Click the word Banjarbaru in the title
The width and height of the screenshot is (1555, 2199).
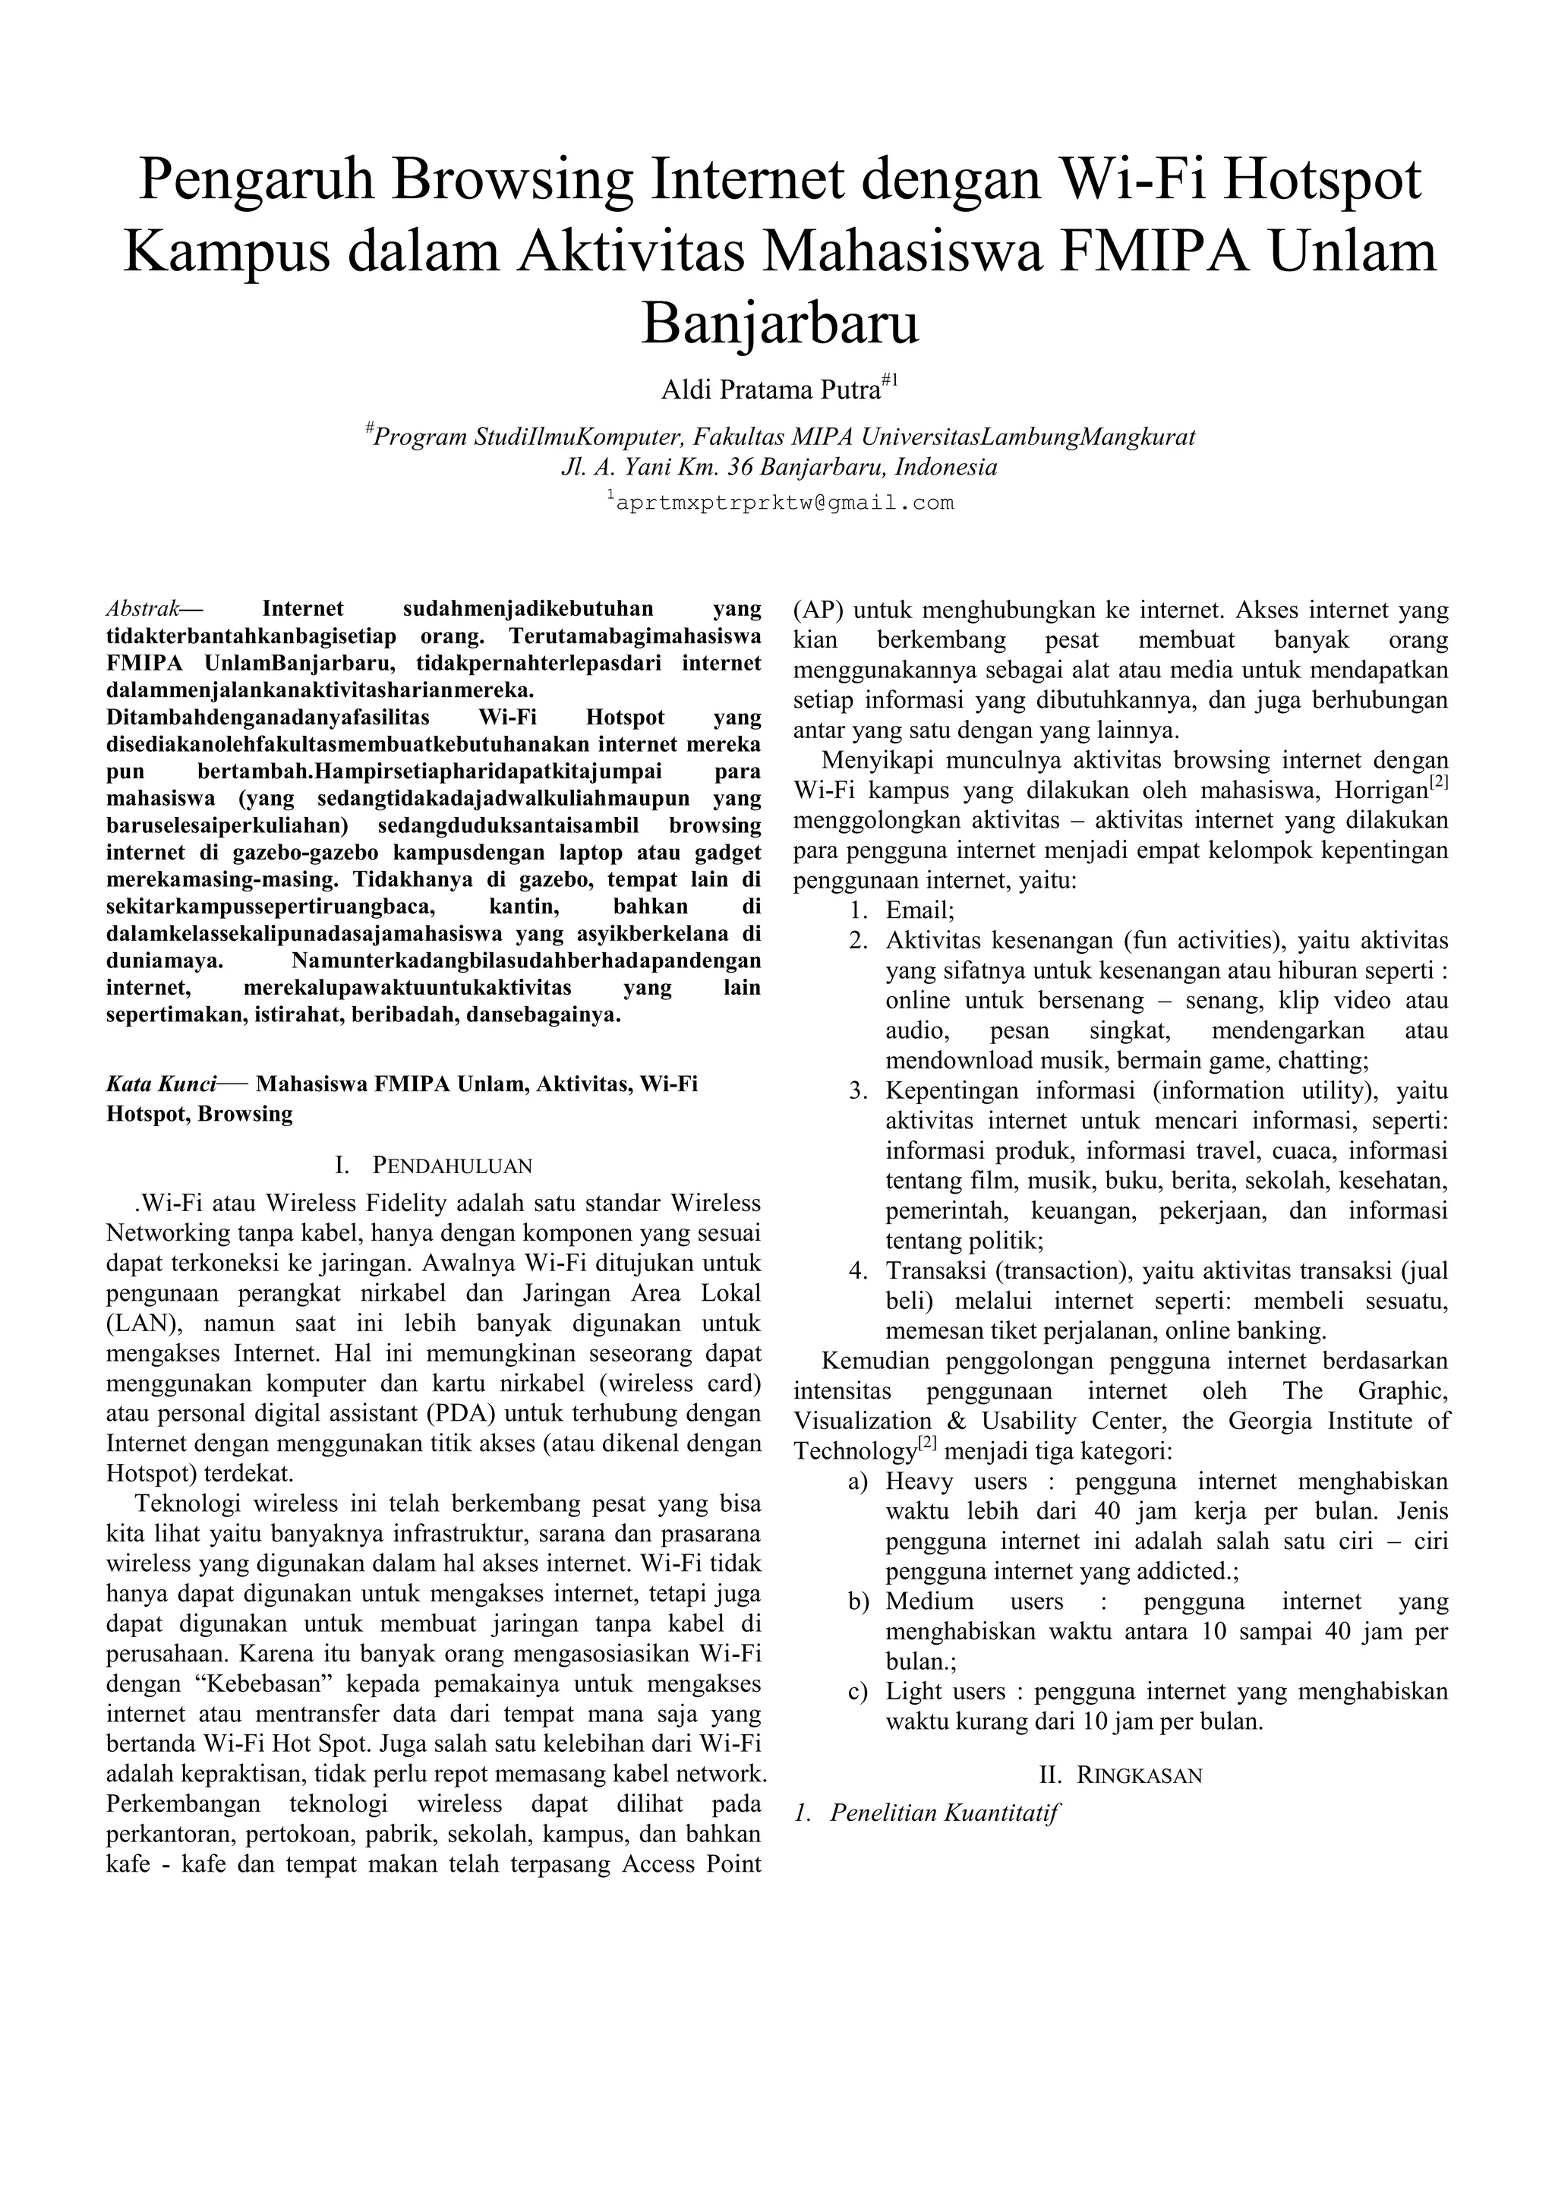click(780, 323)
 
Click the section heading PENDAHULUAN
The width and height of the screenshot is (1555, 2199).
click(451, 1165)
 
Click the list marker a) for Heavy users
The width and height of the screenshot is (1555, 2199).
click(858, 1481)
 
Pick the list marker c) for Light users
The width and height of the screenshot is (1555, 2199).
click(858, 1691)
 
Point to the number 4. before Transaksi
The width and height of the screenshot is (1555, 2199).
click(858, 1271)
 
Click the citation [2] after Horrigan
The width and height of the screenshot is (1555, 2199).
click(1437, 783)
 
